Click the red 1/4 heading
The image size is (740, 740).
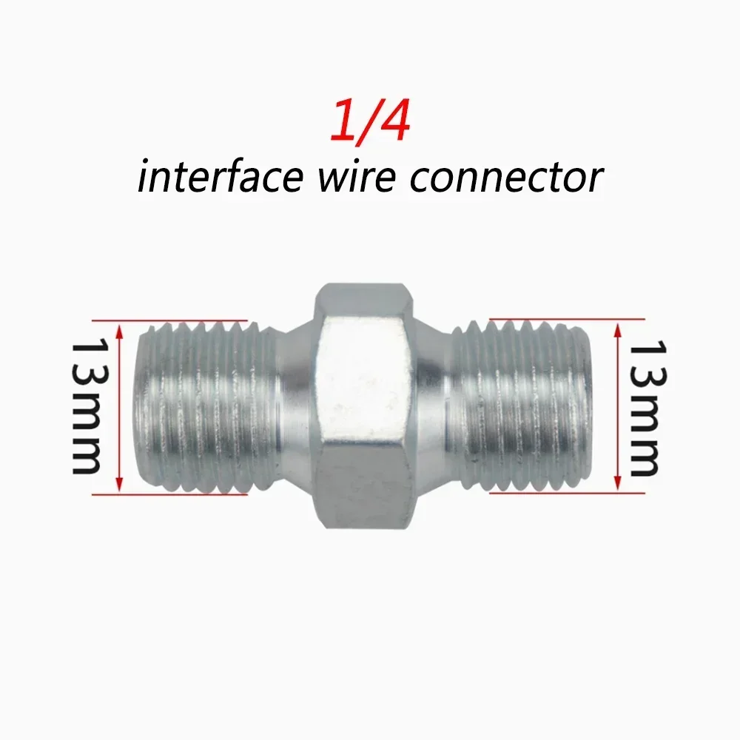370,121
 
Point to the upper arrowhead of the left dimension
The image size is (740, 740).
119,330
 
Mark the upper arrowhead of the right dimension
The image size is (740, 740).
617,329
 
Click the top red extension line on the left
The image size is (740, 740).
169,320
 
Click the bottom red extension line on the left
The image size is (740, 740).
169,494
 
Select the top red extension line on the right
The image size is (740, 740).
568,320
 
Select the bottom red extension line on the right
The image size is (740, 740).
568,493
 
